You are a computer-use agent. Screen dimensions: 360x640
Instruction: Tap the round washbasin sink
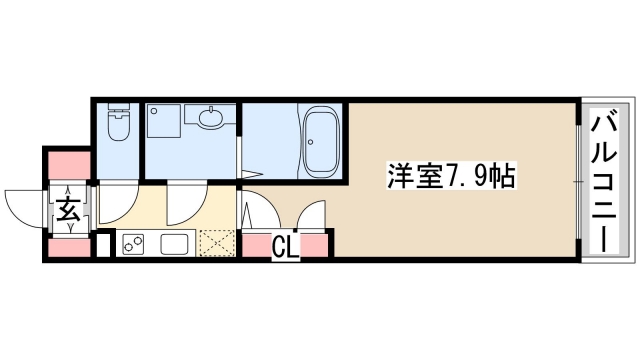click(211, 119)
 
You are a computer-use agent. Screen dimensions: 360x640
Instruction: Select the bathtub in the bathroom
click(322, 140)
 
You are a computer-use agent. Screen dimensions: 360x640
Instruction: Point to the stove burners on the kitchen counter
click(134, 243)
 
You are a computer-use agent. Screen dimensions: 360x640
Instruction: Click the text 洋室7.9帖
click(451, 177)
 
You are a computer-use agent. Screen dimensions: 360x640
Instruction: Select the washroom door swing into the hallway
click(185, 203)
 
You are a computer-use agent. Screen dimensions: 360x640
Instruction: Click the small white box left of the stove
click(103, 244)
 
